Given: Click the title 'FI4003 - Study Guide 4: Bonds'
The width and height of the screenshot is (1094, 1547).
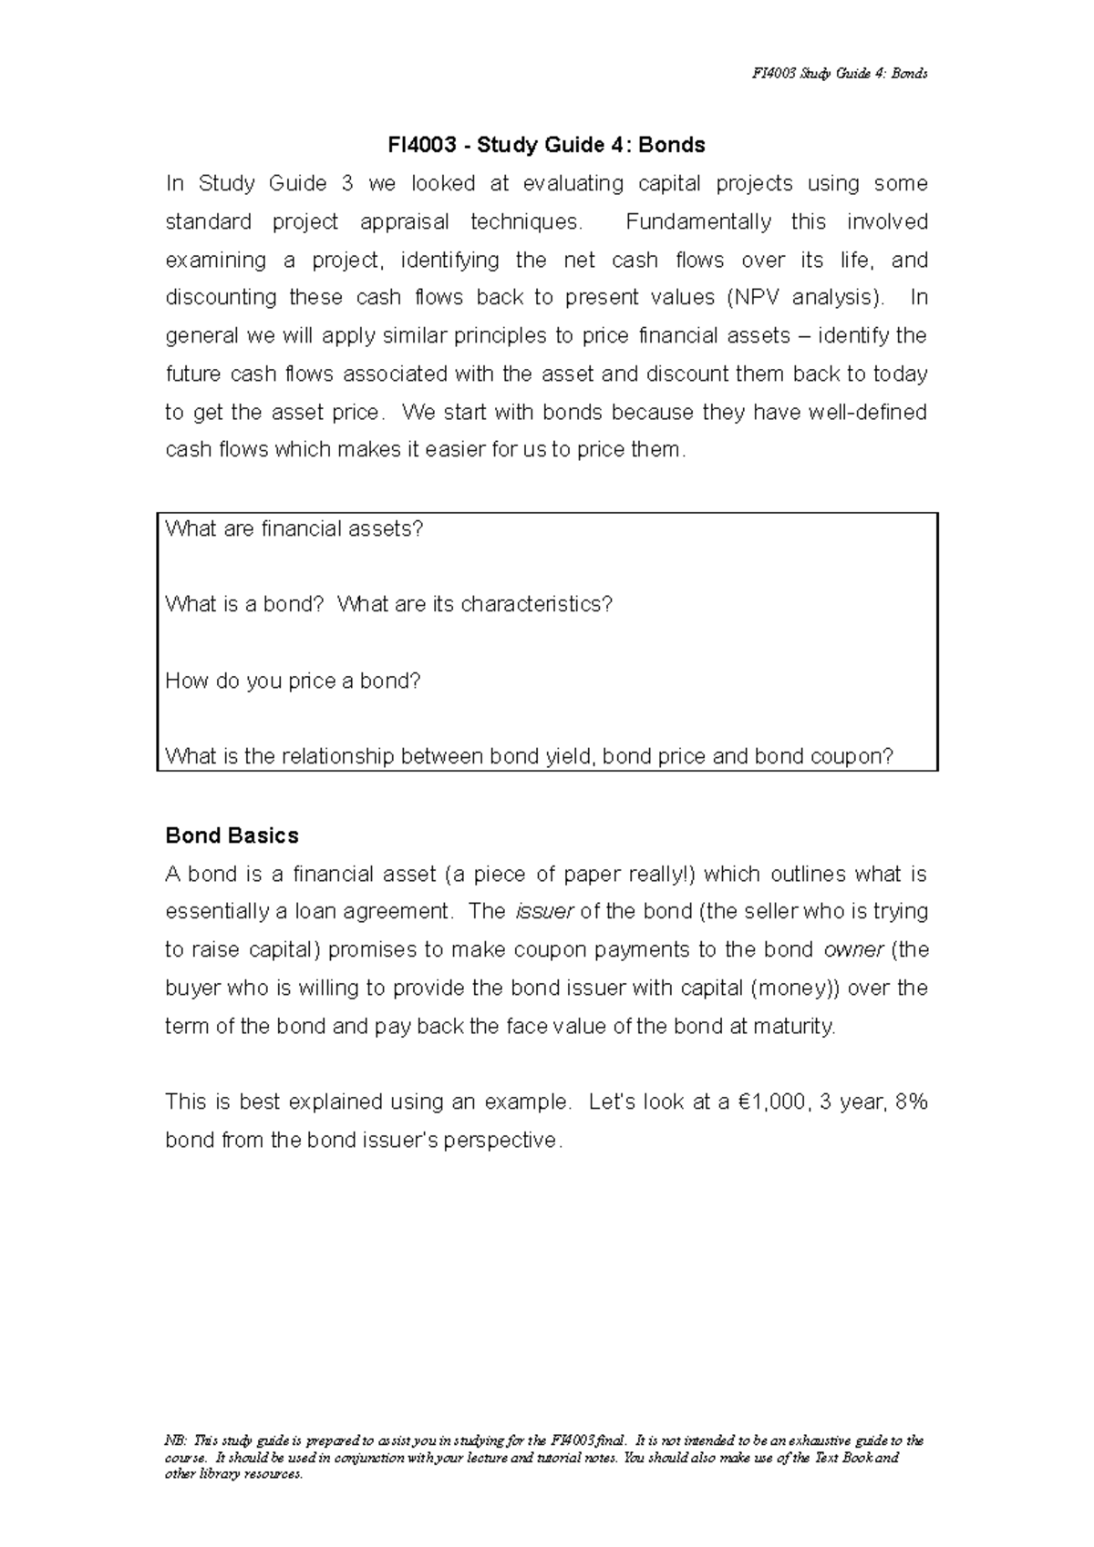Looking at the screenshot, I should [x=546, y=145].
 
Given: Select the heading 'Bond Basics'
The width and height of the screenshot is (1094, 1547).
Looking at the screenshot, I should [x=232, y=835].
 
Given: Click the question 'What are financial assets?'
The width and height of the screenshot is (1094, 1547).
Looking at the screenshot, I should [x=294, y=528].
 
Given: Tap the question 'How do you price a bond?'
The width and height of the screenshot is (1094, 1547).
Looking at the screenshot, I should [x=293, y=681].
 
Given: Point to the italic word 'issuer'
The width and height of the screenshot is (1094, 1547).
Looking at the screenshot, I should [x=544, y=912].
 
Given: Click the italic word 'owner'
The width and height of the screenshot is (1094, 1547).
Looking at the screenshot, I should [x=853, y=950].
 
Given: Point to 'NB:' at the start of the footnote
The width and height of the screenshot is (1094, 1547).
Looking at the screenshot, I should [x=175, y=1441].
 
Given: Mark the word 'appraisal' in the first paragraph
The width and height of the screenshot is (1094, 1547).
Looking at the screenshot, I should [x=404, y=222].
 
